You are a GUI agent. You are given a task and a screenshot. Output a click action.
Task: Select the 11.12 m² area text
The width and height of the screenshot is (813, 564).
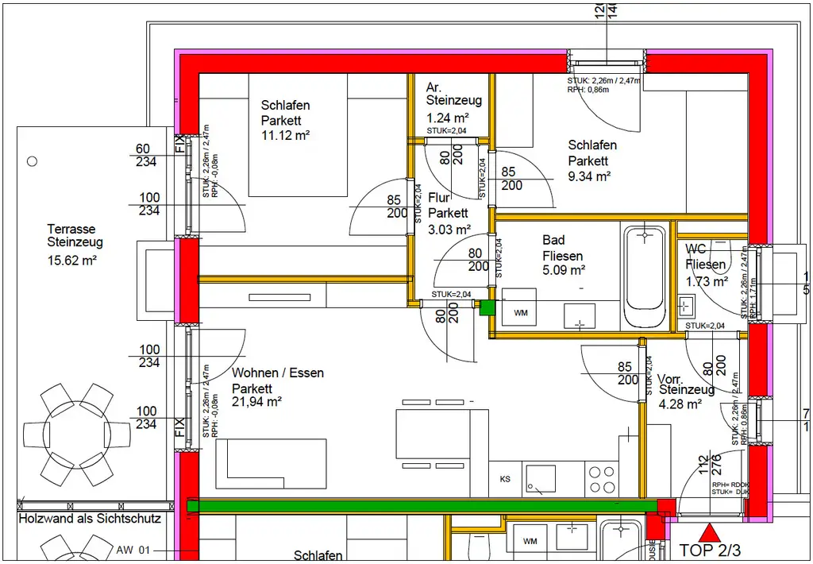285,135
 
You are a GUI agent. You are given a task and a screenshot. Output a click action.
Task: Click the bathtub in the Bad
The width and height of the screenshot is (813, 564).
645,277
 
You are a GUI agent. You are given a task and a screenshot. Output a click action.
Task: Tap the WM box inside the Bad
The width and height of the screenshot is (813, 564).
520,313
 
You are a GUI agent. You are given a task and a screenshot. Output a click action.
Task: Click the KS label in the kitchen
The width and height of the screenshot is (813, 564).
505,479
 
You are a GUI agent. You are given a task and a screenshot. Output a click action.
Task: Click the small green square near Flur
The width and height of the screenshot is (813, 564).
487,307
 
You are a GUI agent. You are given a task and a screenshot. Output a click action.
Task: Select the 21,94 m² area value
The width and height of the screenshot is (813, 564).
257,402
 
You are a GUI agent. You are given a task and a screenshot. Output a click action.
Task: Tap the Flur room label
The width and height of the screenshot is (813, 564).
441,198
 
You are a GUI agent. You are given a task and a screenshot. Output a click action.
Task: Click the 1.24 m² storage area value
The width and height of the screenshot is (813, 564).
448,117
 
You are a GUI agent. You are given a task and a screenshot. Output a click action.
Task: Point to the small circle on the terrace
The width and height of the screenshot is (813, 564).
32,160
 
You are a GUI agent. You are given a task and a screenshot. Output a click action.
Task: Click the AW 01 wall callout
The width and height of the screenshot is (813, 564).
133,550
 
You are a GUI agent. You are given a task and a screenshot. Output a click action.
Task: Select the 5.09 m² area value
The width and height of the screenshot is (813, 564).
564,271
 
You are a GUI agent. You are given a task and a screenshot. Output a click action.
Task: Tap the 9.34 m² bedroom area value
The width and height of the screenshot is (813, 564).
589,176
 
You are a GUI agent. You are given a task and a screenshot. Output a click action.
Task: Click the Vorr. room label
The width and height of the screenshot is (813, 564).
672,378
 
